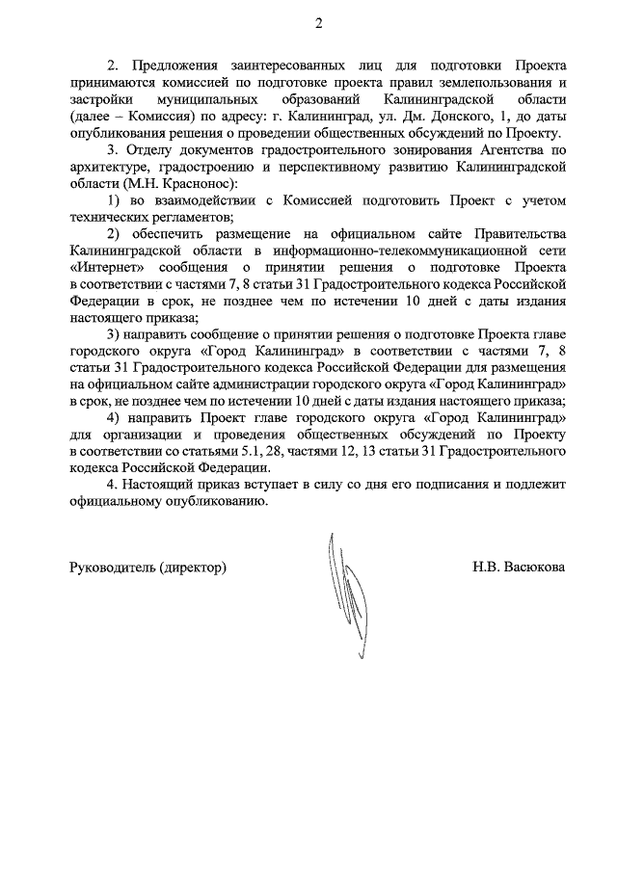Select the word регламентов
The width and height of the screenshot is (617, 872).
click(184, 217)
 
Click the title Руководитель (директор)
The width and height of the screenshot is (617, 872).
click(148, 568)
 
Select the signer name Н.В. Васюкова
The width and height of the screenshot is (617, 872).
click(519, 568)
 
